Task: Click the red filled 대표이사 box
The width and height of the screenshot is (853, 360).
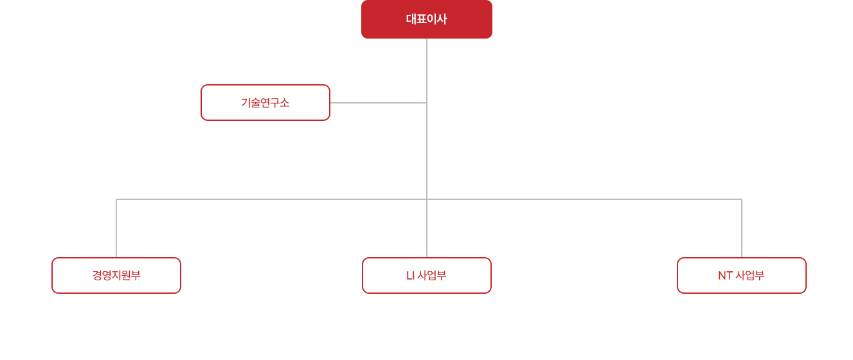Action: [x=427, y=19]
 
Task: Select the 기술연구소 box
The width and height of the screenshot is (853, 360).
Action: [x=265, y=102]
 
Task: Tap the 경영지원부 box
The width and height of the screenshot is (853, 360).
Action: [x=116, y=275]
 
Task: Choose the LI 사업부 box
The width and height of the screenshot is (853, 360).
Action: [x=427, y=275]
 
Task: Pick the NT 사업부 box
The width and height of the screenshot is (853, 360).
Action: [x=741, y=275]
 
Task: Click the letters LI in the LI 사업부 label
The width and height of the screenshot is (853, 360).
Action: [x=410, y=275]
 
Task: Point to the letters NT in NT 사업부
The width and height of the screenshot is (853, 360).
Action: [x=725, y=275]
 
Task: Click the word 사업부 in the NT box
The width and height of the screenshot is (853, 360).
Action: [x=750, y=275]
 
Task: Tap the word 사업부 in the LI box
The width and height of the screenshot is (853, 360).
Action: [x=432, y=275]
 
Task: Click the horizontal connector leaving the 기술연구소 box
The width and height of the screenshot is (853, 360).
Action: [x=378, y=102]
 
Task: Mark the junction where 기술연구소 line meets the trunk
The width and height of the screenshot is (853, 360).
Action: [x=427, y=102]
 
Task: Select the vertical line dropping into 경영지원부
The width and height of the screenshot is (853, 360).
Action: [x=116, y=228]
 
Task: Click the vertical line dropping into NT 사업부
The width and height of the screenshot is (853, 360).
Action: [x=741, y=228]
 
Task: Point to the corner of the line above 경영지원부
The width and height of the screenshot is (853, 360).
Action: [x=116, y=199]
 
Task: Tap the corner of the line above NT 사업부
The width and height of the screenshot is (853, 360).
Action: [x=741, y=199]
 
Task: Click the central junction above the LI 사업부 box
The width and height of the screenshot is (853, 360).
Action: [x=427, y=199]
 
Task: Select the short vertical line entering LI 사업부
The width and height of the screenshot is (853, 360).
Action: [x=427, y=228]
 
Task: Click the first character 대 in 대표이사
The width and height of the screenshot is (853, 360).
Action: [x=411, y=19]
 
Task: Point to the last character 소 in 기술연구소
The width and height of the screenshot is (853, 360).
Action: [x=285, y=102]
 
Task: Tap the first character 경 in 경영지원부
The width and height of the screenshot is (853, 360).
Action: [x=98, y=275]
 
